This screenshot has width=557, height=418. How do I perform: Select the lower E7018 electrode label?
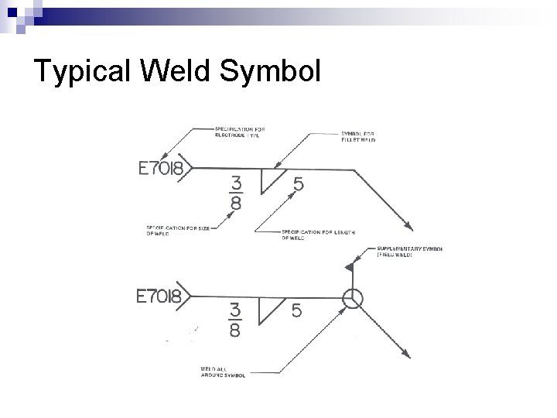point(159,296)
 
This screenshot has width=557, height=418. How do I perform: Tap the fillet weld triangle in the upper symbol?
point(270,179)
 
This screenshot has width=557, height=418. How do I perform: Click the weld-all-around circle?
point(351,298)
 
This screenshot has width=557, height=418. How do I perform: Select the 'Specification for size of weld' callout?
point(172,231)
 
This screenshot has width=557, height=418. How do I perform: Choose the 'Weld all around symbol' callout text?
point(221,372)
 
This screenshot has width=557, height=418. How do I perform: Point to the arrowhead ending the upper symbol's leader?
point(407,226)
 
